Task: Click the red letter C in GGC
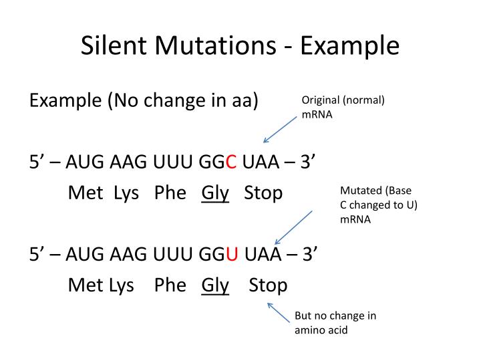[230, 162]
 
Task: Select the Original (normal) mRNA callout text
[343, 107]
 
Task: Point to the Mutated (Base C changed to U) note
[378, 205]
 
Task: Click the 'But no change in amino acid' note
[335, 322]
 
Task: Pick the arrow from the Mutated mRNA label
[293, 227]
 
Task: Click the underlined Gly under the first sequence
[215, 193]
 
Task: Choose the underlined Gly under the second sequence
[215, 285]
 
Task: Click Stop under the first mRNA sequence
[263, 193]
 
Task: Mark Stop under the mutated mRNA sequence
[268, 285]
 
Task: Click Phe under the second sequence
[170, 285]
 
